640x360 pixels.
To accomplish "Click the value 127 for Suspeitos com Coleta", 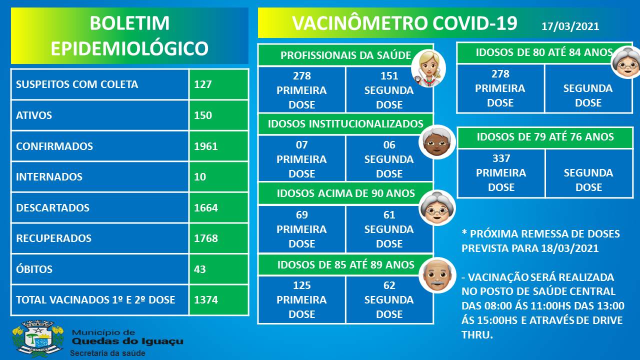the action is pos(203,84).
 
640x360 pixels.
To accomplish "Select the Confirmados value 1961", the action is pos(205,146).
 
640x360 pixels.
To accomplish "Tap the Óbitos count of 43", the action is pos(199,269).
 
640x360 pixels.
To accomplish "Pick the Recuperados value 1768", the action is pos(205,238).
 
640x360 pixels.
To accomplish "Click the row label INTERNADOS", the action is pos(49,177).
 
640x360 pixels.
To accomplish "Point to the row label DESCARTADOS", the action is pos(52,207).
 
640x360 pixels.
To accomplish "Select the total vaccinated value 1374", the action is pos(205,299).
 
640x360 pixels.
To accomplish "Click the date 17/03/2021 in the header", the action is pos(570,26).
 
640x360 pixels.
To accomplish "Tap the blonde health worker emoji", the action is pos(428,68).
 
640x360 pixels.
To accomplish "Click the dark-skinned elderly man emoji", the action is pos(437,142).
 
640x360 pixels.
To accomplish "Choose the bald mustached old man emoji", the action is pos(437,275).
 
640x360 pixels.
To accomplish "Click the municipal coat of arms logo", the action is pos(38,338).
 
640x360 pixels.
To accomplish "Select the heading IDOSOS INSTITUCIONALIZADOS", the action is pos(345,124).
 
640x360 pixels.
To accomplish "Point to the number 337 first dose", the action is pos(501,158).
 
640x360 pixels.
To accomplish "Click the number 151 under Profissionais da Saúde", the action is pos(389,76).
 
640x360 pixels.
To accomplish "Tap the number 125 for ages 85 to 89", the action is pos(301,285).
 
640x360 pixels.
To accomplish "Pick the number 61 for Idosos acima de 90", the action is pos(389,215).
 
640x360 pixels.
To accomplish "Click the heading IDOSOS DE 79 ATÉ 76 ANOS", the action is pos(545,137).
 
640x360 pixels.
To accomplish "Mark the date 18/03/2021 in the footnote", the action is pos(569,248).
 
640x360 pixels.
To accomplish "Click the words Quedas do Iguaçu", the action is pos(127,341).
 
